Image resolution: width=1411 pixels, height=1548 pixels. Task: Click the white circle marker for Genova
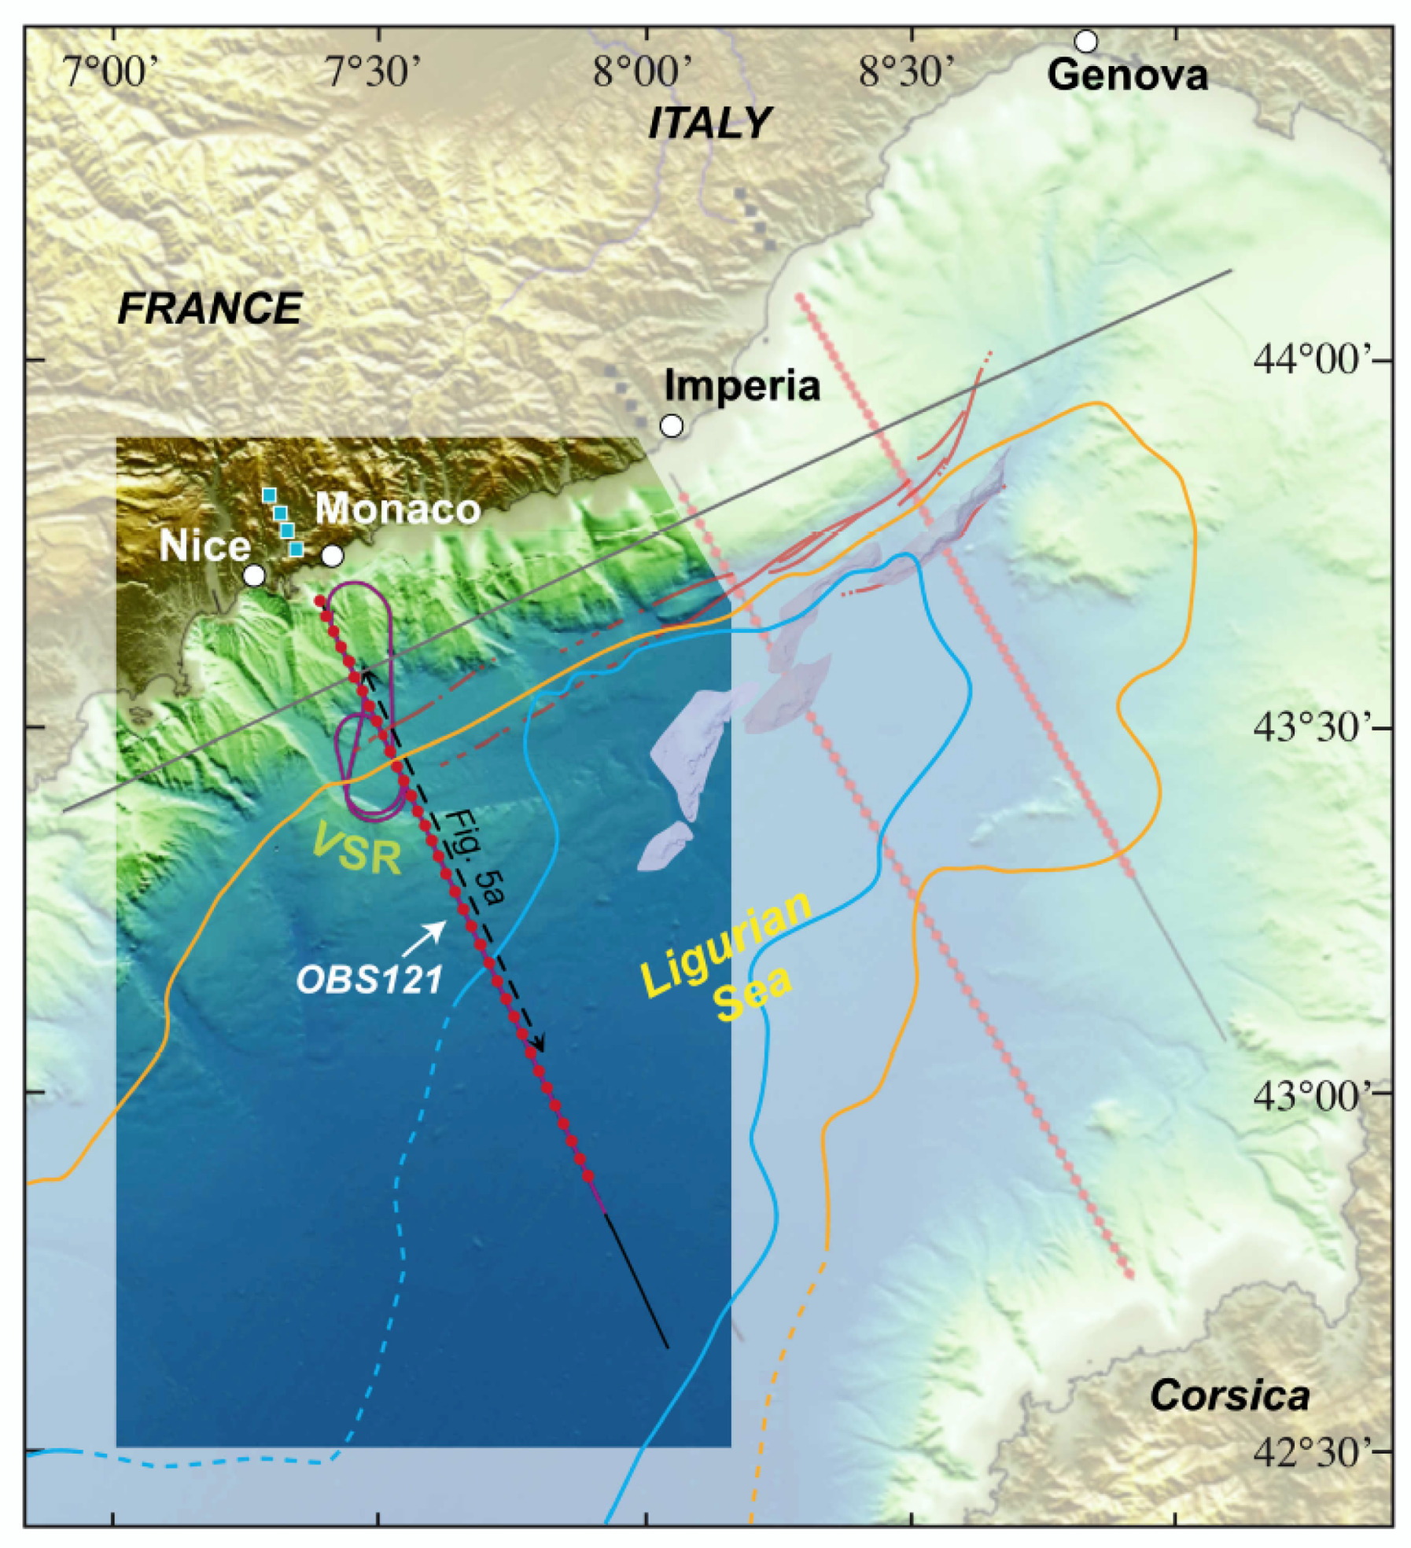pyautogui.click(x=1085, y=40)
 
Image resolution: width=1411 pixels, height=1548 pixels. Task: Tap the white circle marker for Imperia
pyautogui.click(x=671, y=425)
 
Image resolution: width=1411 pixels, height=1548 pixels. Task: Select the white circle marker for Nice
pyautogui.click(x=253, y=575)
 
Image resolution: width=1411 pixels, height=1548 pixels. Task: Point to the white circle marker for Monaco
pyautogui.click(x=332, y=555)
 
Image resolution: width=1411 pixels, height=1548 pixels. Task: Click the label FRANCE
pyautogui.click(x=210, y=307)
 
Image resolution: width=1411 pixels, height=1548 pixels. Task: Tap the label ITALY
pyautogui.click(x=709, y=123)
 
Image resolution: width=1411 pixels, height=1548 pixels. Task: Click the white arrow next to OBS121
pyautogui.click(x=426, y=933)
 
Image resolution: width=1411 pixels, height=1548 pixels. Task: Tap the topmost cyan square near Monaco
pyautogui.click(x=269, y=494)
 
